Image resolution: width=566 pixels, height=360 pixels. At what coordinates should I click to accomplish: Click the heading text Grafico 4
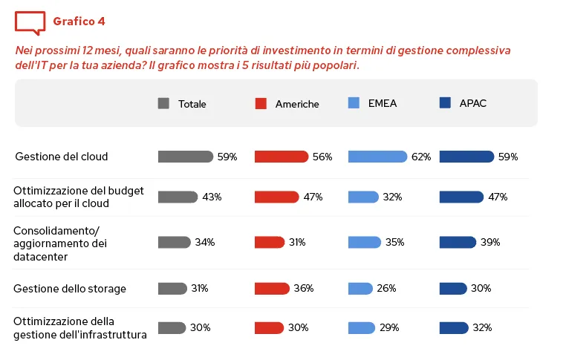point(79,21)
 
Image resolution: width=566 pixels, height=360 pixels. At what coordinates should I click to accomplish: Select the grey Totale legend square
point(163,104)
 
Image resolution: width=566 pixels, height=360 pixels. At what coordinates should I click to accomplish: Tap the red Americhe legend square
point(260,104)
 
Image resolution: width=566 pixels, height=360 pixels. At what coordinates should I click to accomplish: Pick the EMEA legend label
point(383,103)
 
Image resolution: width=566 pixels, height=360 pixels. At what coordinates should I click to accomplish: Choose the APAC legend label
point(473,103)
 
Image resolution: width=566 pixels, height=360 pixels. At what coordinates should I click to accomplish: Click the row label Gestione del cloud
point(62,157)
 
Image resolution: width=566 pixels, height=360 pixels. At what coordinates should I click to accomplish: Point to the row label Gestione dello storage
point(70,288)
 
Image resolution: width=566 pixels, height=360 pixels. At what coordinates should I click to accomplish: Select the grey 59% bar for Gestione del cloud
point(186,157)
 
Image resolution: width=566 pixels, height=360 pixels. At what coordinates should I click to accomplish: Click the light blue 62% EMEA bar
point(377,157)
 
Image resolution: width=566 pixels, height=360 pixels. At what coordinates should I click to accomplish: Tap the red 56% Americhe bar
point(281,157)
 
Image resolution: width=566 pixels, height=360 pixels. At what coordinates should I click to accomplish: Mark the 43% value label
point(212,197)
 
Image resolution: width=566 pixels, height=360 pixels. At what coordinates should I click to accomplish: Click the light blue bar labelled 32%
point(363,197)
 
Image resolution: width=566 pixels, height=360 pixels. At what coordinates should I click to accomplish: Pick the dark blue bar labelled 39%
point(458,242)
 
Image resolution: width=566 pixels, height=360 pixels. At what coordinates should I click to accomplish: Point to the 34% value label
point(205,242)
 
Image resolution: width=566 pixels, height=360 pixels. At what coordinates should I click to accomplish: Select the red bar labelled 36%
point(272,288)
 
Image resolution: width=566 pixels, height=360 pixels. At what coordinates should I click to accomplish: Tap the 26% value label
point(386,288)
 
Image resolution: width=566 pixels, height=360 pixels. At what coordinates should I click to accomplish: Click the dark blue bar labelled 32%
point(454,327)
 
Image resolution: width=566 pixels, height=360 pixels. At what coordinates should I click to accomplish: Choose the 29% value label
point(389,327)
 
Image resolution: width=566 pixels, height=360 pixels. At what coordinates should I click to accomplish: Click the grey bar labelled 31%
point(172,288)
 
